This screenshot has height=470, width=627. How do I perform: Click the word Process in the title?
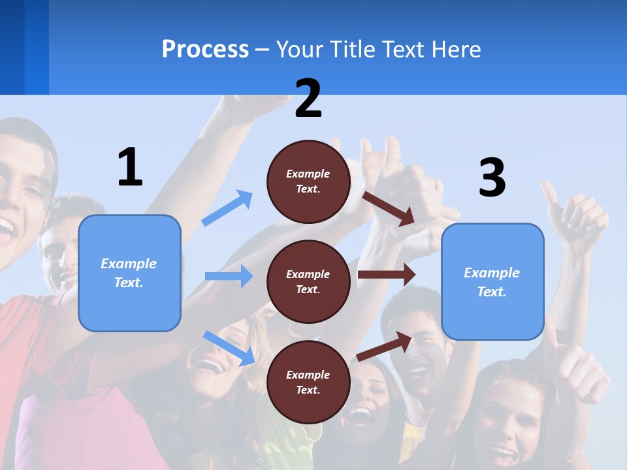coord(205,50)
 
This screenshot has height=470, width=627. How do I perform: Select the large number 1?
coord(130,167)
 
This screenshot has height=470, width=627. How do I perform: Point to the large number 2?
coord(308,99)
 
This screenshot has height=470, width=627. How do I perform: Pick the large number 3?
coord(492,178)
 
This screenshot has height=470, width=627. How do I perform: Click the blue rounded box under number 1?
coord(129,273)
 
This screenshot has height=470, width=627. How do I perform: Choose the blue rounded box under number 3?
coord(492,281)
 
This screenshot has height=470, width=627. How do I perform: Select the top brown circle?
coord(308,181)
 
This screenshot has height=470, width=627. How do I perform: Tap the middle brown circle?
coord(308,281)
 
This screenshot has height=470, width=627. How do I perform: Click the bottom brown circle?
coord(308,382)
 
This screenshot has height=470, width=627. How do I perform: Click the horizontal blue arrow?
coord(229,276)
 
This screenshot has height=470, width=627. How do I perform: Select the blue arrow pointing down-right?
coord(229,347)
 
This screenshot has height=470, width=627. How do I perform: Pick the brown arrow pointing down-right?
coord(389,208)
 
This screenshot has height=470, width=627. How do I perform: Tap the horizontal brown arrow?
coord(387,275)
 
